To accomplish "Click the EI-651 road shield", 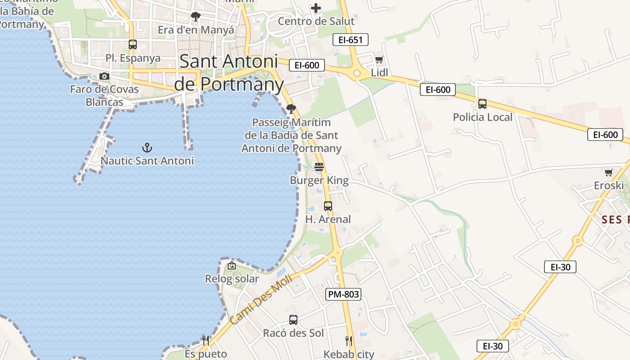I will (x=350, y=40).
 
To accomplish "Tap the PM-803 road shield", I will (x=343, y=294).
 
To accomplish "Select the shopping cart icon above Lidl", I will (x=379, y=59).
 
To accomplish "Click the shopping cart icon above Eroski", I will (x=609, y=172).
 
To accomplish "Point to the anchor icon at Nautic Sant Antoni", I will (x=147, y=147).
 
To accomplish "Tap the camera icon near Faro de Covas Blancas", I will (x=104, y=76).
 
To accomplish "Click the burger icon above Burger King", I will (x=319, y=167).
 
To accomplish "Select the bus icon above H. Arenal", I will (x=328, y=206).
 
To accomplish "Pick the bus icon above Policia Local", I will (x=482, y=104).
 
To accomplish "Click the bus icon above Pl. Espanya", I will (x=132, y=45).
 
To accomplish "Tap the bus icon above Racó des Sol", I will (x=293, y=320).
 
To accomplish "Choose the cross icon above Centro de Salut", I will (x=316, y=8).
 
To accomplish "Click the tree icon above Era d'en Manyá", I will (x=195, y=17).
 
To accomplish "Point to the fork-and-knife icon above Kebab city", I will (x=349, y=341).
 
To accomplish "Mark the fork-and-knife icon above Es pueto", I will (x=205, y=340).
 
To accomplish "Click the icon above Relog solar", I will (x=232, y=265).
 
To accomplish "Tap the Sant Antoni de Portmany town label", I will (x=229, y=72).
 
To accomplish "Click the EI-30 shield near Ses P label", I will (x=560, y=267).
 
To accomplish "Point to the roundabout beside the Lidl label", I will (x=357, y=73).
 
